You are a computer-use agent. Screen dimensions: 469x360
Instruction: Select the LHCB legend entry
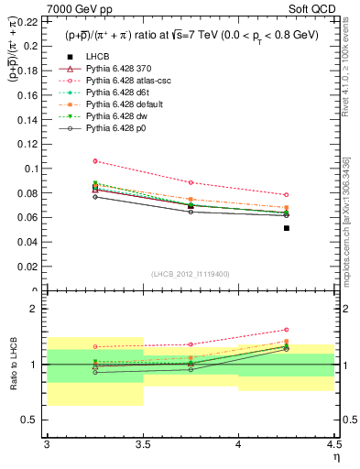tap(99, 56)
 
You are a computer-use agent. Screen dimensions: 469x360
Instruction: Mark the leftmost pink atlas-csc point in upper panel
tap(95, 161)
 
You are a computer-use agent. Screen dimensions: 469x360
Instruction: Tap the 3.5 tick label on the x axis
tap(143, 446)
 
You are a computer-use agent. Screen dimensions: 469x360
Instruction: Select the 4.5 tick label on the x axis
tap(334, 446)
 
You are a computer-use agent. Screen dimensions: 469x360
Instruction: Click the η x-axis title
tap(336, 457)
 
